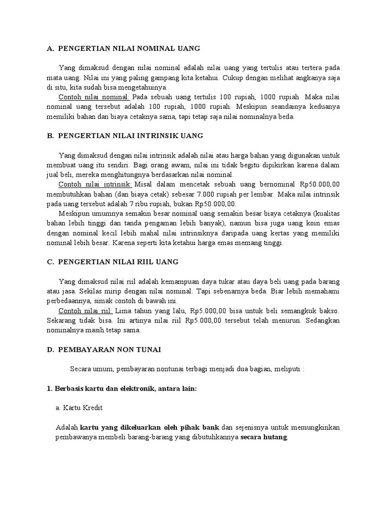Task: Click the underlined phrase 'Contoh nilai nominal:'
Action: click(x=94, y=97)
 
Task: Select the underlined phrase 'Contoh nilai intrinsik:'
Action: click(x=95, y=184)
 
